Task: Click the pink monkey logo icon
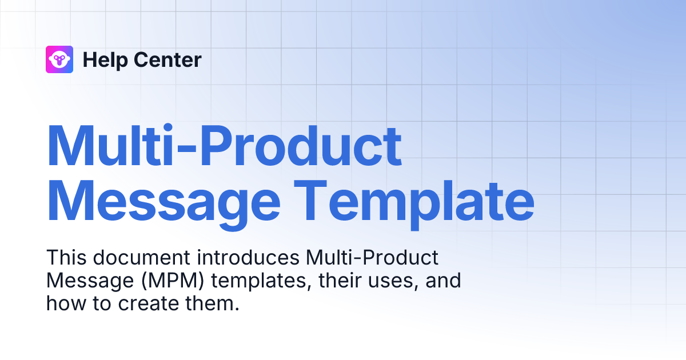point(59,59)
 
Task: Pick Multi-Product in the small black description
point(372,258)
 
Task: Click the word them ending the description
point(214,303)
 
